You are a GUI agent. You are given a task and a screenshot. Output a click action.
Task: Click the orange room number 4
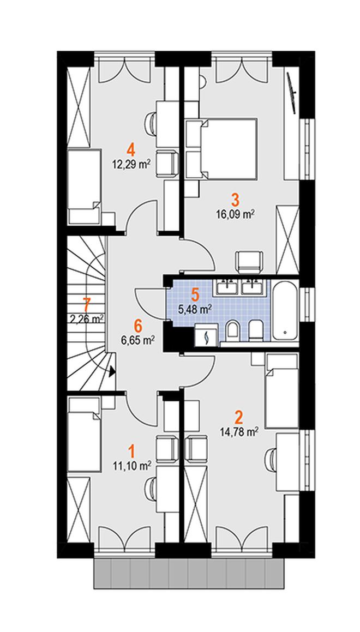pos(130,151)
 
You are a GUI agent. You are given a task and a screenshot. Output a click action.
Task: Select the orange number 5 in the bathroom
pos(195,294)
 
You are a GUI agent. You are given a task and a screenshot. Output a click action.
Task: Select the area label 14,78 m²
pos(239,432)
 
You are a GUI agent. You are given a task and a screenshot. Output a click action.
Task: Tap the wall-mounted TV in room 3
pos(292,93)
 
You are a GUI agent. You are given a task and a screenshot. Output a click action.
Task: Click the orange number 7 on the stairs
pos(86,304)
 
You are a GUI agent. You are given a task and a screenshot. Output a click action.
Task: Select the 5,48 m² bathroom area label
pos(195,310)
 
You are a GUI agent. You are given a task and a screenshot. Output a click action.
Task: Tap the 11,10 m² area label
pos(132,466)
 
